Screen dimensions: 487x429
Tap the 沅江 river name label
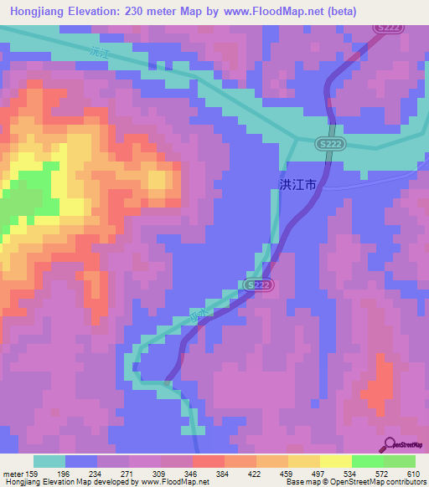[101, 52]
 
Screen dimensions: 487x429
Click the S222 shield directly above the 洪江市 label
[329, 145]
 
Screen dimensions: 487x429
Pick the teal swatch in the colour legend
[49, 461]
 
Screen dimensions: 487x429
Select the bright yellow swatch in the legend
[335, 461]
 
